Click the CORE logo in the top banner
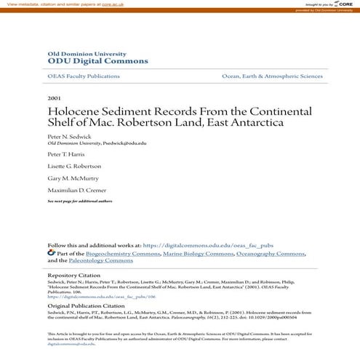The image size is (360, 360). coord(339,4)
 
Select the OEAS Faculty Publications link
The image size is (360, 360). coord(83,76)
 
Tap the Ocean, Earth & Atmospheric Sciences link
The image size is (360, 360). coord(272,76)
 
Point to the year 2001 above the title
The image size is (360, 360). coord(54,97)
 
